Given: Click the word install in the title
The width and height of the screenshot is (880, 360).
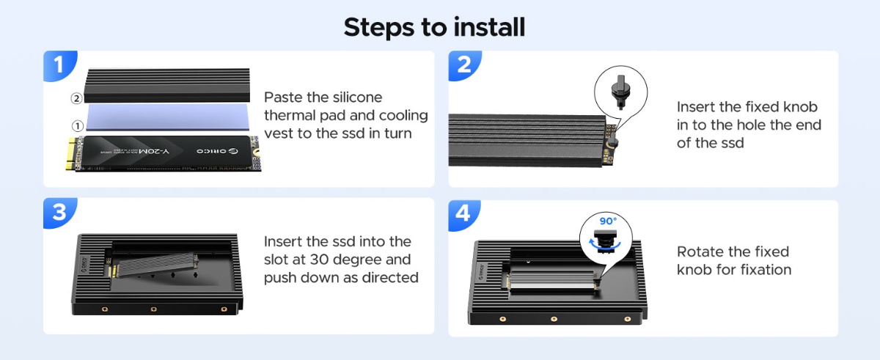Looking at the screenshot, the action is tap(489, 26).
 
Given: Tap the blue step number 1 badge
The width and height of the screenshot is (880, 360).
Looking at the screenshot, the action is tap(59, 65).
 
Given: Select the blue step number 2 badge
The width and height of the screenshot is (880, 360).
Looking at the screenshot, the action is tap(464, 65).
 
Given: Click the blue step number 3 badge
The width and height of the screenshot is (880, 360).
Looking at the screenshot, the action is tap(59, 212).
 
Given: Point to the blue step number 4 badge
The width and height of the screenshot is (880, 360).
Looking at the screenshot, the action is tap(463, 214).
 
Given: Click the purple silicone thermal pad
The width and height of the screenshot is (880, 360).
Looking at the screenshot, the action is tap(168, 117).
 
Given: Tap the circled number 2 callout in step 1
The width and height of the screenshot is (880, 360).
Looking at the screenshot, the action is tap(76, 98).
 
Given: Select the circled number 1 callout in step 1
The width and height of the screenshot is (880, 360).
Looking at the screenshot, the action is tap(78, 126).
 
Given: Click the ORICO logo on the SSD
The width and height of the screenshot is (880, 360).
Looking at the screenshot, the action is tap(217, 151).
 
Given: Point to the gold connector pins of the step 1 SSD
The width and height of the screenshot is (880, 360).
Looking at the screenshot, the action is tap(71, 153).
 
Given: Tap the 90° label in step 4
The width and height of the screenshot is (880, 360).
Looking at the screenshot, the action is tap(608, 221).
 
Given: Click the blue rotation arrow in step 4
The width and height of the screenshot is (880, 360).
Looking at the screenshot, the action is tap(604, 245).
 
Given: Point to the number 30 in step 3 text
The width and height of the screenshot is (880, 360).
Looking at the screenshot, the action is tap(318, 260).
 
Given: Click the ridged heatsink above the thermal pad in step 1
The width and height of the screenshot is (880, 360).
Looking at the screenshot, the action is tap(167, 85).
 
